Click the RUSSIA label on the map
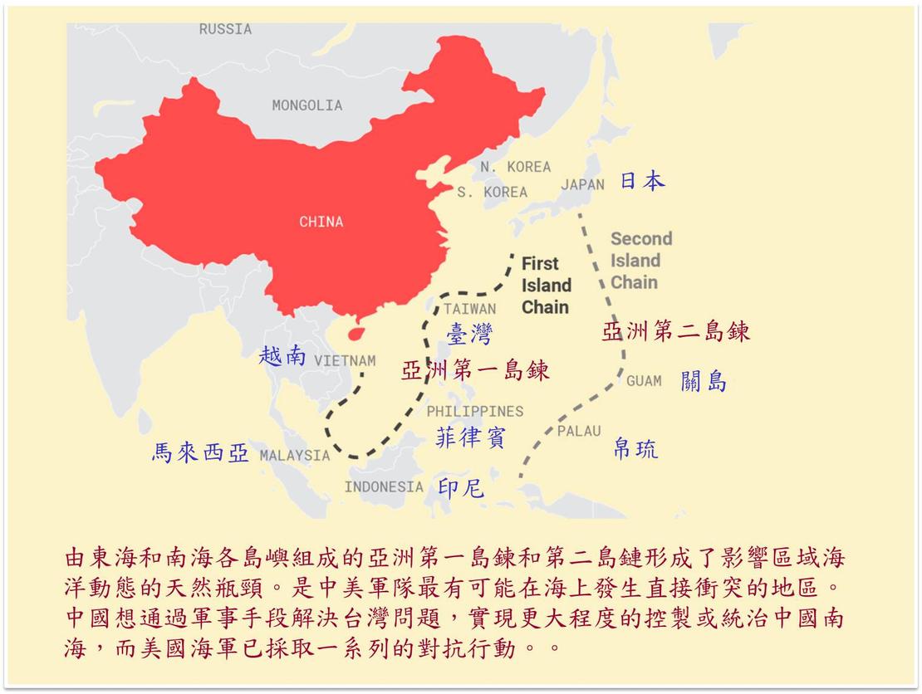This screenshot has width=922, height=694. point(225,29)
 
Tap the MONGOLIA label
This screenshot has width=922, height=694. point(307,105)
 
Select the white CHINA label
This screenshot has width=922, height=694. point(321,222)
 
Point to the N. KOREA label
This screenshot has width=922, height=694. point(515,167)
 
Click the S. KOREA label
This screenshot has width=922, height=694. point(492,193)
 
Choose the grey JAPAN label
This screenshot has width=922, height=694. point(582,184)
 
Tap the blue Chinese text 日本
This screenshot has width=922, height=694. point(642,181)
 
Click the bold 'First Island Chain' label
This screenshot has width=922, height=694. point(546,286)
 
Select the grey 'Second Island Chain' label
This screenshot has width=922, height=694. point(640,261)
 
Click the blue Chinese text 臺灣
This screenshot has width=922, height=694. point(469,334)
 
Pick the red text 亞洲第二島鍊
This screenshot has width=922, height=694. point(675,332)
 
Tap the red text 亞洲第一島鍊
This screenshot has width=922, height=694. point(475,370)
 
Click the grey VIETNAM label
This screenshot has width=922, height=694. point(344,361)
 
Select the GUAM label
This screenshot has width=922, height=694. point(644,381)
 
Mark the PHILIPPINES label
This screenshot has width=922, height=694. point(475,412)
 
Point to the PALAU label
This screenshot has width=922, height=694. point(578,431)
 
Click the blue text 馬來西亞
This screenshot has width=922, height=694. point(200,452)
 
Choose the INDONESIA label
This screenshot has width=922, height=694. point(384,486)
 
